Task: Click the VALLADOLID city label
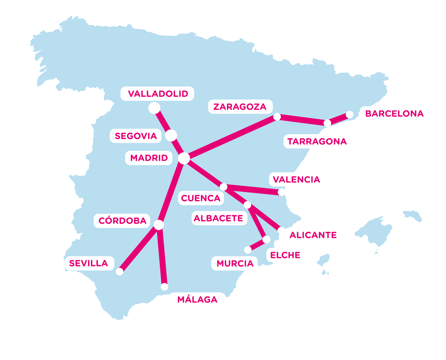(158, 94)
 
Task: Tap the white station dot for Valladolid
(154, 108)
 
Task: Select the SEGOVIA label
(136, 136)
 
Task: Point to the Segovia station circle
(171, 135)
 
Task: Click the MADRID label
(149, 158)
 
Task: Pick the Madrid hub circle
(184, 158)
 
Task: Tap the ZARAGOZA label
(240, 107)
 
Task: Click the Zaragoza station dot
(277, 117)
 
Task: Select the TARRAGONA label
(317, 142)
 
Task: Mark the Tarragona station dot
(327, 123)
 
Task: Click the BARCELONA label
(394, 114)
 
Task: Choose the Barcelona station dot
(350, 114)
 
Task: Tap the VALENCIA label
(296, 180)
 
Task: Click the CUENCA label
(201, 198)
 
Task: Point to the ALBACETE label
(219, 218)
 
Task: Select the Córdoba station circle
(159, 225)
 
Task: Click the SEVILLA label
(89, 263)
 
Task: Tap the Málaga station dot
(164, 287)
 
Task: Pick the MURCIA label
(235, 264)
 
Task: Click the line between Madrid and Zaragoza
(230, 137)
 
